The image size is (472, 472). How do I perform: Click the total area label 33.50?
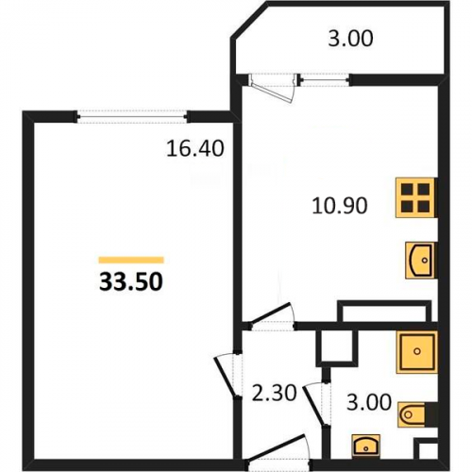click(131, 281)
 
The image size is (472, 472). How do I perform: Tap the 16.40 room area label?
click(195, 148)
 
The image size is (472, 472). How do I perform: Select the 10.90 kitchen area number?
click(340, 206)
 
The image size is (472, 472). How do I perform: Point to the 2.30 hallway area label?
click(275, 394)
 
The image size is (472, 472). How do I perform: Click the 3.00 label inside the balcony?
click(350, 39)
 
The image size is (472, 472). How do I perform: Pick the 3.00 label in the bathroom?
click(369, 402)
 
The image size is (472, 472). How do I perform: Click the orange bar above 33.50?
click(131, 260)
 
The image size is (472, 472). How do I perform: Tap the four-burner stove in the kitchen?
click(415, 198)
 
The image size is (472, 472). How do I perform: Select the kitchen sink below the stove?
click(420, 261)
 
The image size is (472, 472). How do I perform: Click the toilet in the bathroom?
click(413, 414)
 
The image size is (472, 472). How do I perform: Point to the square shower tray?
click(417, 352)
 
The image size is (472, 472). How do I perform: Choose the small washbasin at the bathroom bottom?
click(365, 445)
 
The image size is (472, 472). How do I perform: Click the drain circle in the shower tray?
click(417, 351)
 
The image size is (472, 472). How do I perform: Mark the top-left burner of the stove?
click(408, 190)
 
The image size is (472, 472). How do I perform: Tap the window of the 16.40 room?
click(132, 117)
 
